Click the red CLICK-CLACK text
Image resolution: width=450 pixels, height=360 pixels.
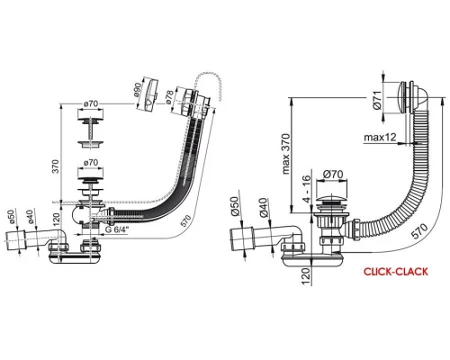[396, 272]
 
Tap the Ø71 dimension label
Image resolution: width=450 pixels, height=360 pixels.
[378, 100]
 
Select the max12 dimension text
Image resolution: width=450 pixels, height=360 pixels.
[380, 138]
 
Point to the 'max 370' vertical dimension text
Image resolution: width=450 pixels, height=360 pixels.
[286, 154]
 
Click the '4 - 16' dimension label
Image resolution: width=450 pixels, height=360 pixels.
[308, 189]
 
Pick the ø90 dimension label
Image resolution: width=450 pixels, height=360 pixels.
[137, 90]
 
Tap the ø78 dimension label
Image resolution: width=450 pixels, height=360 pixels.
[169, 97]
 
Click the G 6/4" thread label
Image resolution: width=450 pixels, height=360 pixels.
[117, 229]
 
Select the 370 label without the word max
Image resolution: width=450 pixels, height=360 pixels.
[56, 166]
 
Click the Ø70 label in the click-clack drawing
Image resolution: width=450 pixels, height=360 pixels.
[333, 174]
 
